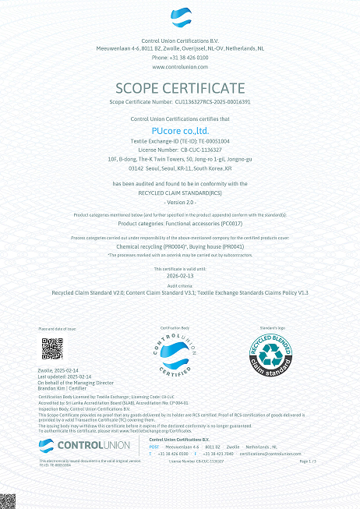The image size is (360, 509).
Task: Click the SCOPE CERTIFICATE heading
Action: [x=179, y=87]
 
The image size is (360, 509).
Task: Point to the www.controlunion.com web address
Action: [x=180, y=67]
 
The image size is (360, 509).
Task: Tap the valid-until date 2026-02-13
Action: [x=180, y=275]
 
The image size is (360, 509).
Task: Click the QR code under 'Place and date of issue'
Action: [x=51, y=348]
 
